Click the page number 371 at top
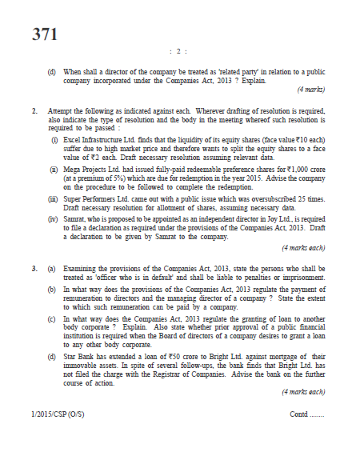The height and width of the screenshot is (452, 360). point(45,34)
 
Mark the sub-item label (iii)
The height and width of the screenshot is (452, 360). point(54,201)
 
